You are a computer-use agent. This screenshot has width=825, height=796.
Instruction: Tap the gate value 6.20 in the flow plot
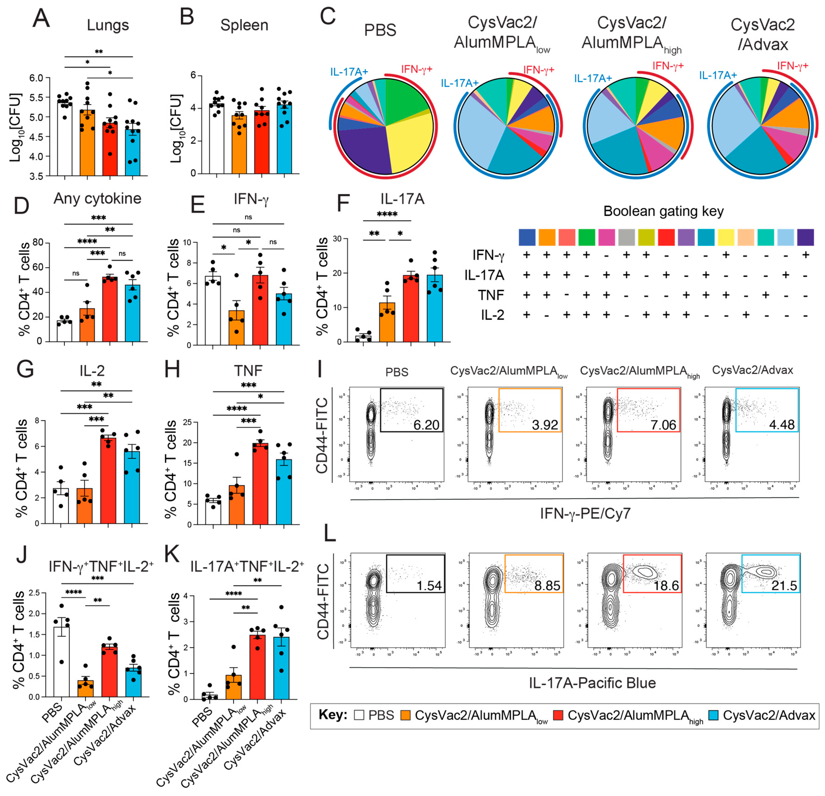tap(426, 425)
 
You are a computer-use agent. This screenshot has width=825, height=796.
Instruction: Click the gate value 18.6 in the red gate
tap(666, 585)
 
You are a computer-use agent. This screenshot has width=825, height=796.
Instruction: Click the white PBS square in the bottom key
tap(359, 715)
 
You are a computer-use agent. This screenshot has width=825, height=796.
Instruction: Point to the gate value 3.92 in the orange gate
tap(545, 425)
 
